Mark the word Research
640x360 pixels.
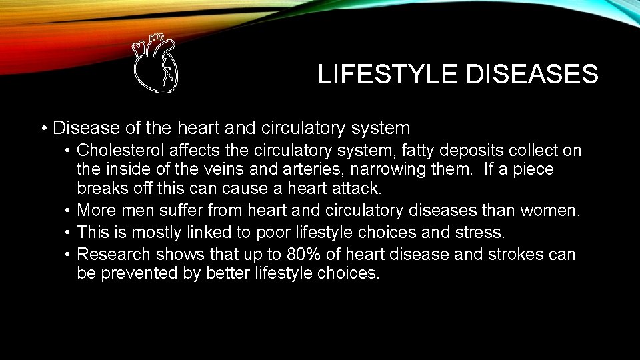tap(114, 254)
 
